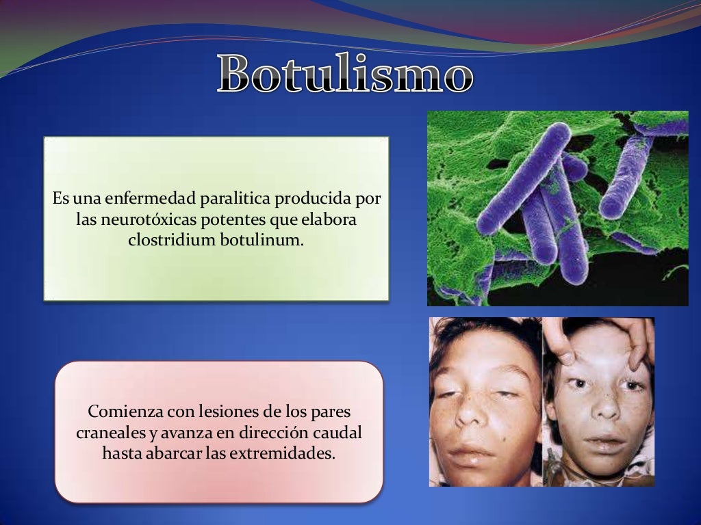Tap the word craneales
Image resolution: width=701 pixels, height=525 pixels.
click(110, 433)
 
